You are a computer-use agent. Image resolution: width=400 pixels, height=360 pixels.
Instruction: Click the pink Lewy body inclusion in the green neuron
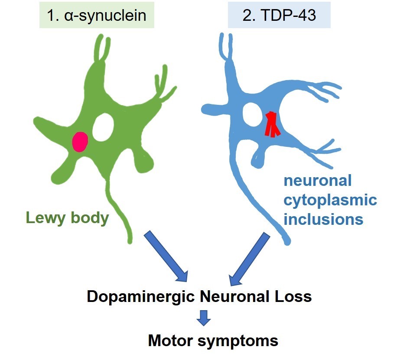click(80, 142)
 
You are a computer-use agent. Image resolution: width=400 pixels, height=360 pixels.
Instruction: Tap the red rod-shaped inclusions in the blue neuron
click(272, 124)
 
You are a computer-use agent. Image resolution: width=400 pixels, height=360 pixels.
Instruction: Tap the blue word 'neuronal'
click(318, 181)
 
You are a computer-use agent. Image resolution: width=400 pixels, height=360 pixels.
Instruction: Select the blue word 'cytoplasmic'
click(330, 200)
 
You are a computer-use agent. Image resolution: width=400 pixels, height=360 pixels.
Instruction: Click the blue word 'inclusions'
click(323, 219)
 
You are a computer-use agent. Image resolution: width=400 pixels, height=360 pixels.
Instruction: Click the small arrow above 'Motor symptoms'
click(203, 318)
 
